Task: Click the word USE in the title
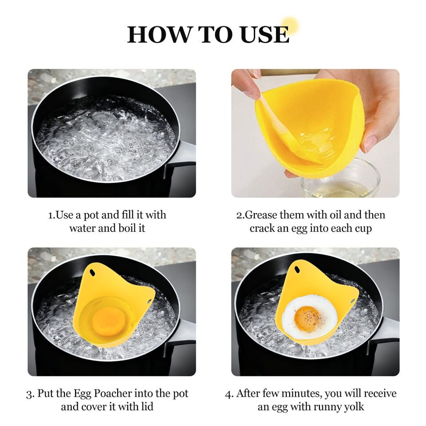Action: coord(264,35)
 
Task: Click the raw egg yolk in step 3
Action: coord(109,320)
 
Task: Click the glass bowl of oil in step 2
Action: coord(341,179)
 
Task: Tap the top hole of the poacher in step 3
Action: coord(92,272)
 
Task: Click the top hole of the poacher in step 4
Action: coord(297,269)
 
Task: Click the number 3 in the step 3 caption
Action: coord(29,394)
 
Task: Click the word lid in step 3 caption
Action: coord(147,407)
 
